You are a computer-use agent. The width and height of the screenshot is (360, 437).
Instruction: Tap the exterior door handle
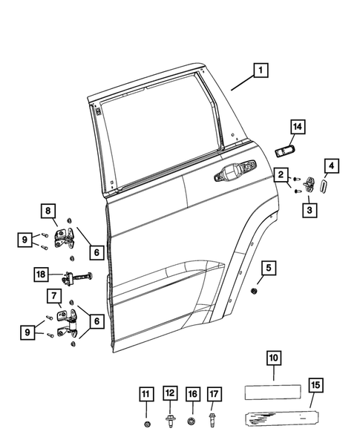[232, 177]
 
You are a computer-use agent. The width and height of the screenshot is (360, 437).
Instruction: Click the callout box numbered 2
[283, 175]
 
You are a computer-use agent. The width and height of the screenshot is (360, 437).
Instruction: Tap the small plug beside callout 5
[255, 289]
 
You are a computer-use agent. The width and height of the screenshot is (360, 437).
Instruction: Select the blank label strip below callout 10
[272, 390]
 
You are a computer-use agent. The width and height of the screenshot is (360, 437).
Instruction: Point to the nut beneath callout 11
[146, 424]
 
